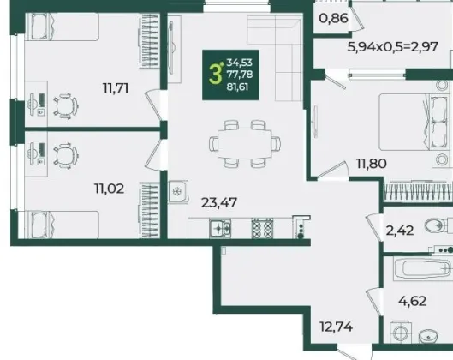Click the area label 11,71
point(116,87)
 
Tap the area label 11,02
point(110,189)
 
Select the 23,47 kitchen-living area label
point(219,202)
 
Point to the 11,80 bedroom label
point(372,164)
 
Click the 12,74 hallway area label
point(337,327)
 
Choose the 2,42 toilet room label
point(400,231)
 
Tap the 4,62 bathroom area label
point(412,301)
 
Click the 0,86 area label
point(333,19)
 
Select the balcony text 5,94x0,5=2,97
point(392,46)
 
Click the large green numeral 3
point(215,75)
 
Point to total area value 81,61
point(237,87)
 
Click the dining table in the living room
point(244,143)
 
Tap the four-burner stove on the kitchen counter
point(262,228)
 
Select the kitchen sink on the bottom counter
point(220,229)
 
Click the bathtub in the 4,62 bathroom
point(422,269)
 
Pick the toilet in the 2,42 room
point(438,225)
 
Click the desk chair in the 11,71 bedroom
point(66,105)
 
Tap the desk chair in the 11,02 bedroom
point(66,155)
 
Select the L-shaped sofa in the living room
point(275,57)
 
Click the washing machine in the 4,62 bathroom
point(401,333)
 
